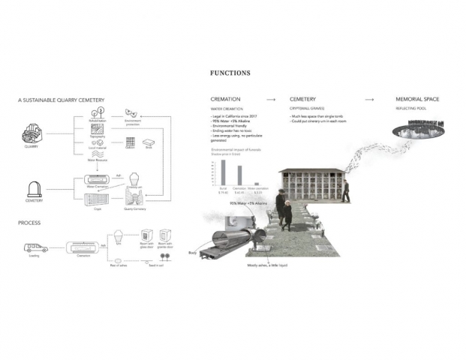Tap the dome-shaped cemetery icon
click(35, 189)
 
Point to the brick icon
click(149, 143)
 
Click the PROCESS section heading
click(30, 223)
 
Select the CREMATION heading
click(227, 99)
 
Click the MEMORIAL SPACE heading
click(417, 99)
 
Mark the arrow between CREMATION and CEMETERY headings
click(271, 99)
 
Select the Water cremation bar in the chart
click(257, 183)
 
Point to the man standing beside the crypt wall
click(346, 191)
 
